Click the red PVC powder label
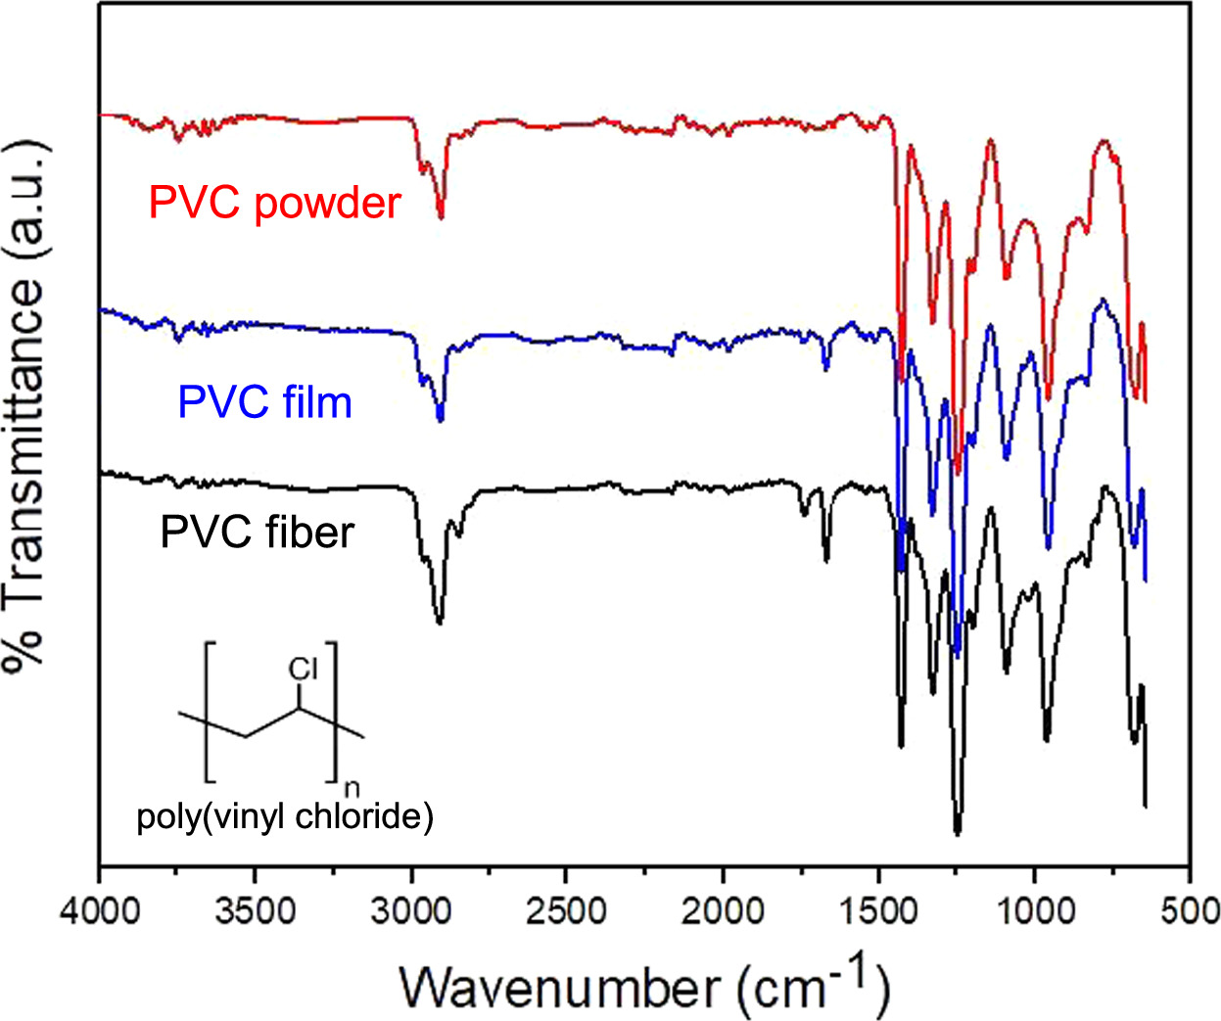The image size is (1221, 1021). click(275, 203)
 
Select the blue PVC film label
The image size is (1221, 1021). click(264, 402)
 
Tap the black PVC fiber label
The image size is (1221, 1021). click(257, 533)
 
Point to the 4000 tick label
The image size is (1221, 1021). click(100, 911)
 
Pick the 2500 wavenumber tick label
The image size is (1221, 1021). click(567, 911)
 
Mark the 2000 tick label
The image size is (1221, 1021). click(723, 911)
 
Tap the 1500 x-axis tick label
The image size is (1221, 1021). click(878, 911)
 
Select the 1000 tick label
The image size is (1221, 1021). click(1034, 911)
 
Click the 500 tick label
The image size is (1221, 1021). click(1190, 911)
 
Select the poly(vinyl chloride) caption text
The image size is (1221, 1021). click(285, 816)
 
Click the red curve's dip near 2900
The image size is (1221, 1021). click(441, 216)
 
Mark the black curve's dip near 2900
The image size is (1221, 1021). click(439, 622)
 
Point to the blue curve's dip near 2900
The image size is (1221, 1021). click(440, 419)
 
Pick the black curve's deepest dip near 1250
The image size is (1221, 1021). click(957, 832)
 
